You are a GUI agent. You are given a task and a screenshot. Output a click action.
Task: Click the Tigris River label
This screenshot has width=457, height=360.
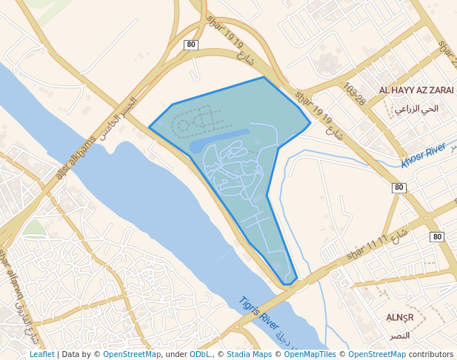coord(258,314)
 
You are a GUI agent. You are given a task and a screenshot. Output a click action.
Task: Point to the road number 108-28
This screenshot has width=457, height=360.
coord(355,95)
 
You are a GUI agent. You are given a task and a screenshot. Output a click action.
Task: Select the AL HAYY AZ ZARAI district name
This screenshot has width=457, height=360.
coord(416,90)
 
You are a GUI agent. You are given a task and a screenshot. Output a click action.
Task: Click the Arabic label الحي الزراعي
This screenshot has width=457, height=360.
coord(416,109)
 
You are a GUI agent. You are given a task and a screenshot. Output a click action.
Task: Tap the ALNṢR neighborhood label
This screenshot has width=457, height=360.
coord(400,318)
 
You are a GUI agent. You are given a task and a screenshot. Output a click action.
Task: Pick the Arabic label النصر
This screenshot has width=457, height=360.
coord(400,336)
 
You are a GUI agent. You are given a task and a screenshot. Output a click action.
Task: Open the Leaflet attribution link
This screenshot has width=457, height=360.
coord(41,354)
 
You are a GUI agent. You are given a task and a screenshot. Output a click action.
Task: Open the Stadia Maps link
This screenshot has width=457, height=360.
coord(249,354)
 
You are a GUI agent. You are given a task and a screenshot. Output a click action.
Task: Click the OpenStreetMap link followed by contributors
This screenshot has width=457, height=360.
coord(377,354)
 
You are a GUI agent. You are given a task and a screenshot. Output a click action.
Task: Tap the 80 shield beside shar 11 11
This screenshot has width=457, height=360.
coord(437,237)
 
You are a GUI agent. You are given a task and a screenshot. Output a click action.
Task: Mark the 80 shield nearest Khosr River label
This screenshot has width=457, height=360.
coord(399,187)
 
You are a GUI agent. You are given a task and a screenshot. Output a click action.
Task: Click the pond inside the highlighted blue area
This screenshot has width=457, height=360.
coord(219,139)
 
